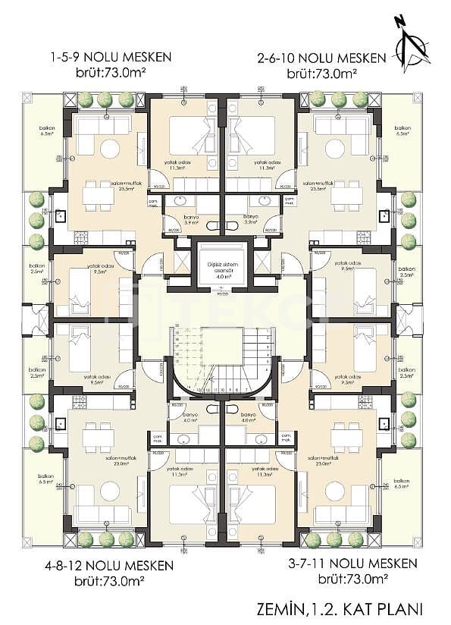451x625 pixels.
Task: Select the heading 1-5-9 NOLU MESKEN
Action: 111,57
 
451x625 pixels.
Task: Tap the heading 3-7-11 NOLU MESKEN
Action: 353,564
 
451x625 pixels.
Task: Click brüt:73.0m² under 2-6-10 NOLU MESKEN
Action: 322,74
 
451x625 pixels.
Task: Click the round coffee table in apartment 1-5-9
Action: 111,149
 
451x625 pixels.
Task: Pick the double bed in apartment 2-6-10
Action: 256,133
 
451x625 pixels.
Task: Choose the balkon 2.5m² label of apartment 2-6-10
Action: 407,272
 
